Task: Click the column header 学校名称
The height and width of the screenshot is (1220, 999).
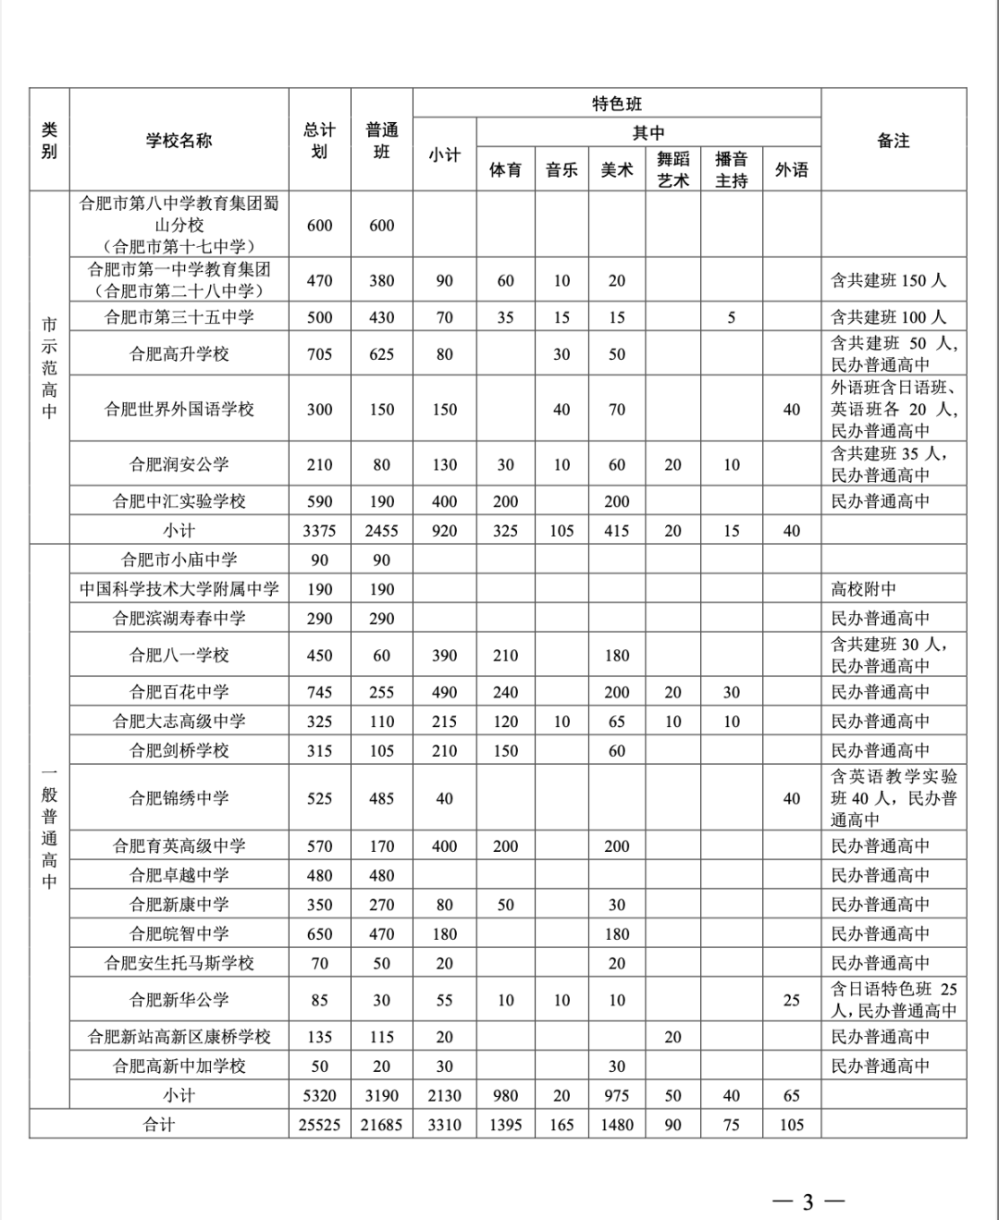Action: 179,141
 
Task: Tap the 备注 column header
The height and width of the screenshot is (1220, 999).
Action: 893,141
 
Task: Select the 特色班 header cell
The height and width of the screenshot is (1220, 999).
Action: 616,104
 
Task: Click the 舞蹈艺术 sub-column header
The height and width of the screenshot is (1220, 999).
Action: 672,169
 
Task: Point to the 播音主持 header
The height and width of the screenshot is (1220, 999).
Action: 731,169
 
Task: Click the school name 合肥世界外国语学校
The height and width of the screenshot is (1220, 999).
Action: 179,409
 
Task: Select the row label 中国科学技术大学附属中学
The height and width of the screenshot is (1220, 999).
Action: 179,589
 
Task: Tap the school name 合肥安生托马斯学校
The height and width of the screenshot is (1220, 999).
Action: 179,963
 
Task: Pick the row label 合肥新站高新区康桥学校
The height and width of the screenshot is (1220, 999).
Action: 179,1037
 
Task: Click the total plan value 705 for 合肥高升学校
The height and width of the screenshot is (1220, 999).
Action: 319,354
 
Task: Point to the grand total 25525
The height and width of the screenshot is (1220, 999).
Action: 319,1125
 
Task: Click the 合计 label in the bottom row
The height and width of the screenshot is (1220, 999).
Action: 158,1125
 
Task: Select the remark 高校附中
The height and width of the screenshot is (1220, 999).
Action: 863,589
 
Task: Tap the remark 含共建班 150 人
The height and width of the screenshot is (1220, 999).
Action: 888,280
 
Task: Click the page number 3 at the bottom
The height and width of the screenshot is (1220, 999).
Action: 808,1202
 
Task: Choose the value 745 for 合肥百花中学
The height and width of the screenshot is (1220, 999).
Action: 319,692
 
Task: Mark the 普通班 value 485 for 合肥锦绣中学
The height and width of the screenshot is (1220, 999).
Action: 381,798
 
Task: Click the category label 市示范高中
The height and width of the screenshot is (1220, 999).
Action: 49,367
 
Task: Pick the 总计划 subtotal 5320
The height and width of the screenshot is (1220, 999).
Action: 319,1095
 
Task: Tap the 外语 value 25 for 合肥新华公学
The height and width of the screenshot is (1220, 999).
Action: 791,1000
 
